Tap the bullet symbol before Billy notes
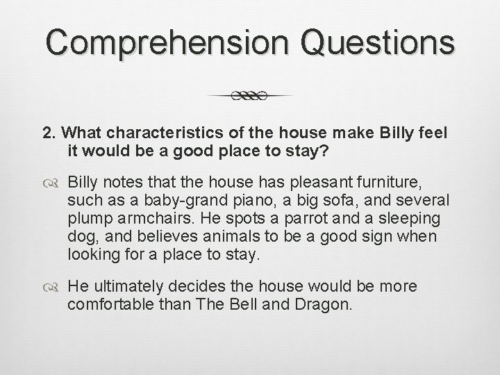point(53,182)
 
